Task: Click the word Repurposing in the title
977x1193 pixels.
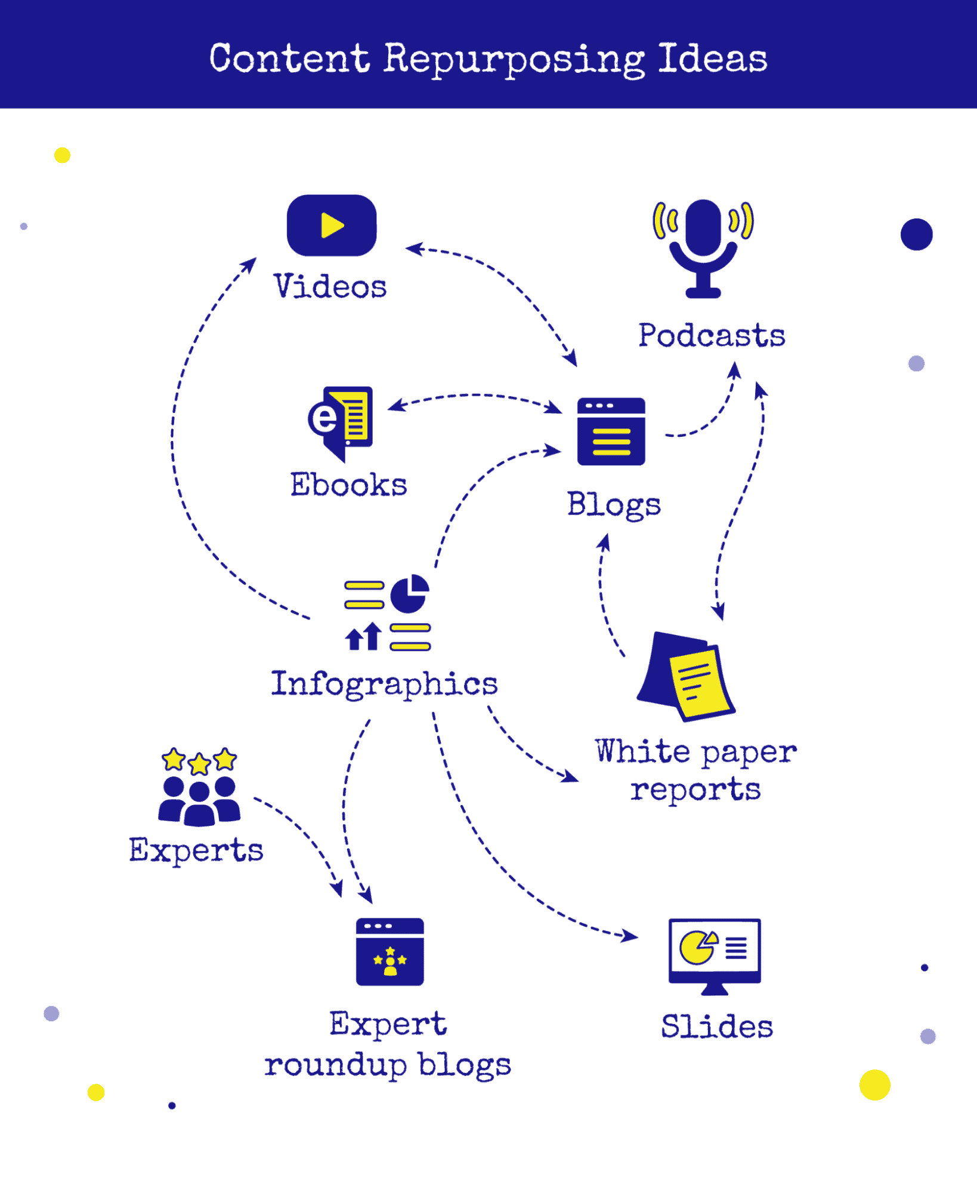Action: click(514, 60)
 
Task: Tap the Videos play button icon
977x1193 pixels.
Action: click(332, 226)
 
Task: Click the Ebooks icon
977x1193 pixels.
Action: click(341, 420)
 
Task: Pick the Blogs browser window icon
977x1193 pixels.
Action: click(611, 431)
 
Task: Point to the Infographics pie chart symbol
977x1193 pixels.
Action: click(409, 594)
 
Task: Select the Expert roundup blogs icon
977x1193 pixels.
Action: click(389, 951)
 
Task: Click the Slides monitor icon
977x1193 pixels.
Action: click(715, 953)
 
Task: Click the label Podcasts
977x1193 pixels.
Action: click(712, 335)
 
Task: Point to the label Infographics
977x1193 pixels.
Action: click(384, 684)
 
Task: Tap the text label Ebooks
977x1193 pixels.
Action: click(348, 485)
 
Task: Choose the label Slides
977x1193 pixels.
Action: click(717, 1026)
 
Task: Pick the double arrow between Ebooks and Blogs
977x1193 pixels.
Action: click(474, 396)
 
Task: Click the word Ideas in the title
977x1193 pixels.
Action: click(712, 60)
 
